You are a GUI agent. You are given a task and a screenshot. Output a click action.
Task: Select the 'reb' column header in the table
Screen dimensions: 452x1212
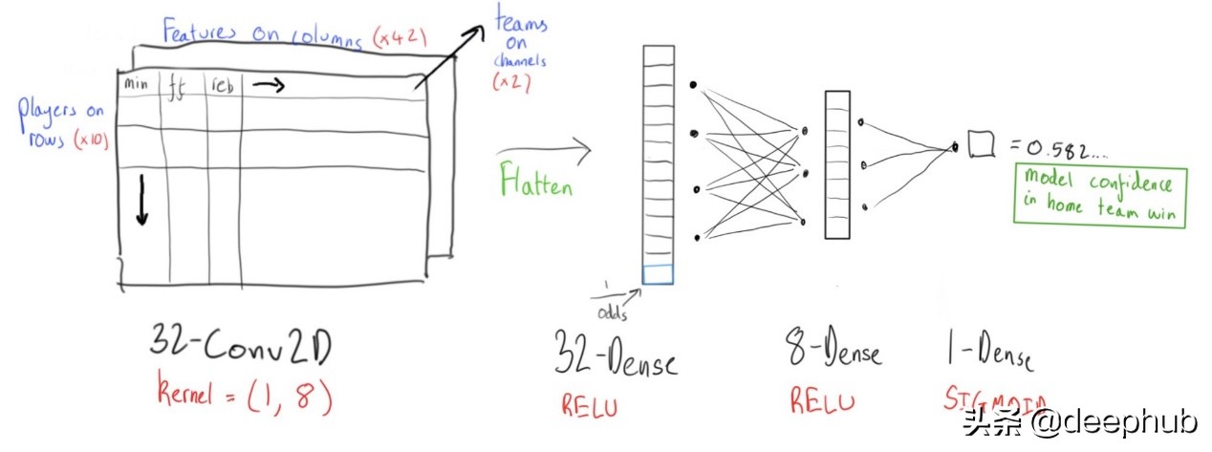(x=222, y=85)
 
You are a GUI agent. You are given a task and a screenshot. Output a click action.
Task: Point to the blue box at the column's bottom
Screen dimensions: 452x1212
(x=658, y=275)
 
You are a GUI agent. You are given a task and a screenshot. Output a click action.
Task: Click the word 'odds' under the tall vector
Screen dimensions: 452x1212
(x=613, y=312)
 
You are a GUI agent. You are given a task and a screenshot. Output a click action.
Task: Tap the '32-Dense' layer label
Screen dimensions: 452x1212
(x=616, y=361)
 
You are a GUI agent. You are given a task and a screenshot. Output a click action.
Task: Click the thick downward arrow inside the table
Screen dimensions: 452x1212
(x=142, y=199)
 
